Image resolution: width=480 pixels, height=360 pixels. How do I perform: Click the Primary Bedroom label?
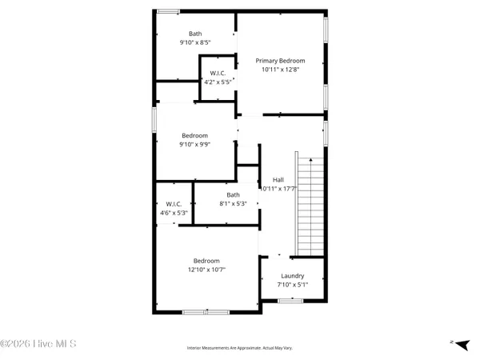280,60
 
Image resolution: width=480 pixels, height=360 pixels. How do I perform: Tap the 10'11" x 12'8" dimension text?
280,70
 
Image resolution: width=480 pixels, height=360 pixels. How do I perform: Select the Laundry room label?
292,276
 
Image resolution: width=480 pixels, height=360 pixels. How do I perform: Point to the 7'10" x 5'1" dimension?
292,285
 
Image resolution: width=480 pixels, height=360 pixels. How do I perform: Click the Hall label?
278,179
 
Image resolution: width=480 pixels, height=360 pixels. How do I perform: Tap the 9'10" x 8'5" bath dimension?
195,42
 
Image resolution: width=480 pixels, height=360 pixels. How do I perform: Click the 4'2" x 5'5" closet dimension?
218,82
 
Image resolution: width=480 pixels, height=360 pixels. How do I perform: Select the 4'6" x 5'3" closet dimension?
174,213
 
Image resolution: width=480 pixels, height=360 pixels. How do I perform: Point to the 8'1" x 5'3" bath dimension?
233,204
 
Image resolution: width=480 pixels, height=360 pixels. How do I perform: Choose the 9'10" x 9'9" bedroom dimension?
194,145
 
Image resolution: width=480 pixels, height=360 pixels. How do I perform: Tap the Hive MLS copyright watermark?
38,344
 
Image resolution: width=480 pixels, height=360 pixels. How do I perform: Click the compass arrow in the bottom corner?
453,342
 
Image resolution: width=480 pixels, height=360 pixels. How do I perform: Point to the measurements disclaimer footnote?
239,348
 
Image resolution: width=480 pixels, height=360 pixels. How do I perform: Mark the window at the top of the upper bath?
168,11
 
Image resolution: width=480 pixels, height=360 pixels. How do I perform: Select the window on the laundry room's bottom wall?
290,300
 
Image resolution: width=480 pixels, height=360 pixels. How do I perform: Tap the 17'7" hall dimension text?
278,189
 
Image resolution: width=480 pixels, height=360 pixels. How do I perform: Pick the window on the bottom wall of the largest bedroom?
206,311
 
